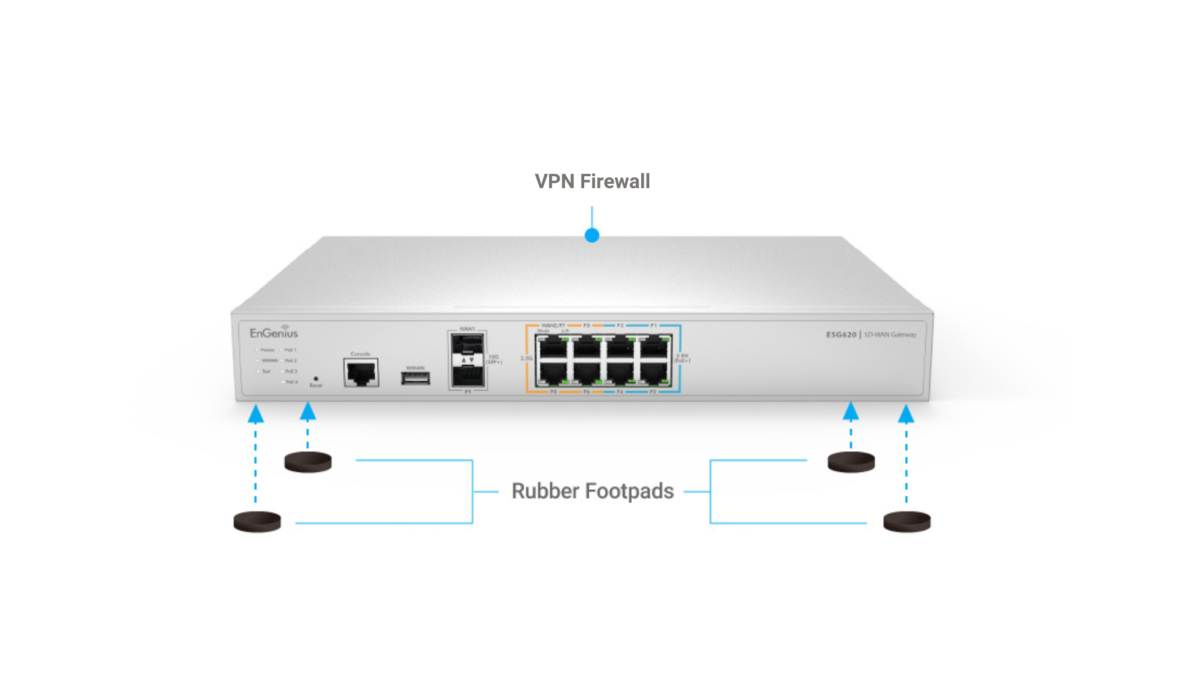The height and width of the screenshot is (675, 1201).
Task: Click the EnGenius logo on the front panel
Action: (273, 332)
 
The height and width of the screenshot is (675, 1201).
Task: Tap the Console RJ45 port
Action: (361, 372)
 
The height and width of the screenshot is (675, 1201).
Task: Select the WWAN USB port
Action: (415, 377)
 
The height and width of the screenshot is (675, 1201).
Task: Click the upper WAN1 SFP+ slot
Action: (467, 344)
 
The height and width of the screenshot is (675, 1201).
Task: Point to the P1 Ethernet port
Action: (654, 347)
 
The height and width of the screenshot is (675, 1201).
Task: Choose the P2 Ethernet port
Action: (653, 374)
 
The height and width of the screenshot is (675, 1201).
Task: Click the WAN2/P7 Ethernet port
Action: (553, 347)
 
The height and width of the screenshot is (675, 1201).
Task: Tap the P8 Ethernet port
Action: (553, 374)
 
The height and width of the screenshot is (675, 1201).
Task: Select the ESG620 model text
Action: (841, 335)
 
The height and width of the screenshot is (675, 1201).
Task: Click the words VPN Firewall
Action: (592, 181)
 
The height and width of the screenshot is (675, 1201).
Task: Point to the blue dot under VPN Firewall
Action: (592, 236)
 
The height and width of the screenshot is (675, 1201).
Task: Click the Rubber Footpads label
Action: (592, 491)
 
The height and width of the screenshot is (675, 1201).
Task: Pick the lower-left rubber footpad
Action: (257, 521)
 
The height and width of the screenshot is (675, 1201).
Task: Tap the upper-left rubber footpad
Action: (308, 462)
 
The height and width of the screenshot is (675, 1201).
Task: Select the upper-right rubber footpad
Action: (851, 462)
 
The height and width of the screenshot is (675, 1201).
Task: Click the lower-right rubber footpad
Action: (906, 521)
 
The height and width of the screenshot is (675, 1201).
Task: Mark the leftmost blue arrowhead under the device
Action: (255, 414)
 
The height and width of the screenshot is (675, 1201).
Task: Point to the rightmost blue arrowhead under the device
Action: (906, 414)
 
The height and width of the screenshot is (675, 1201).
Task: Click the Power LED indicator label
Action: (267, 350)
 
